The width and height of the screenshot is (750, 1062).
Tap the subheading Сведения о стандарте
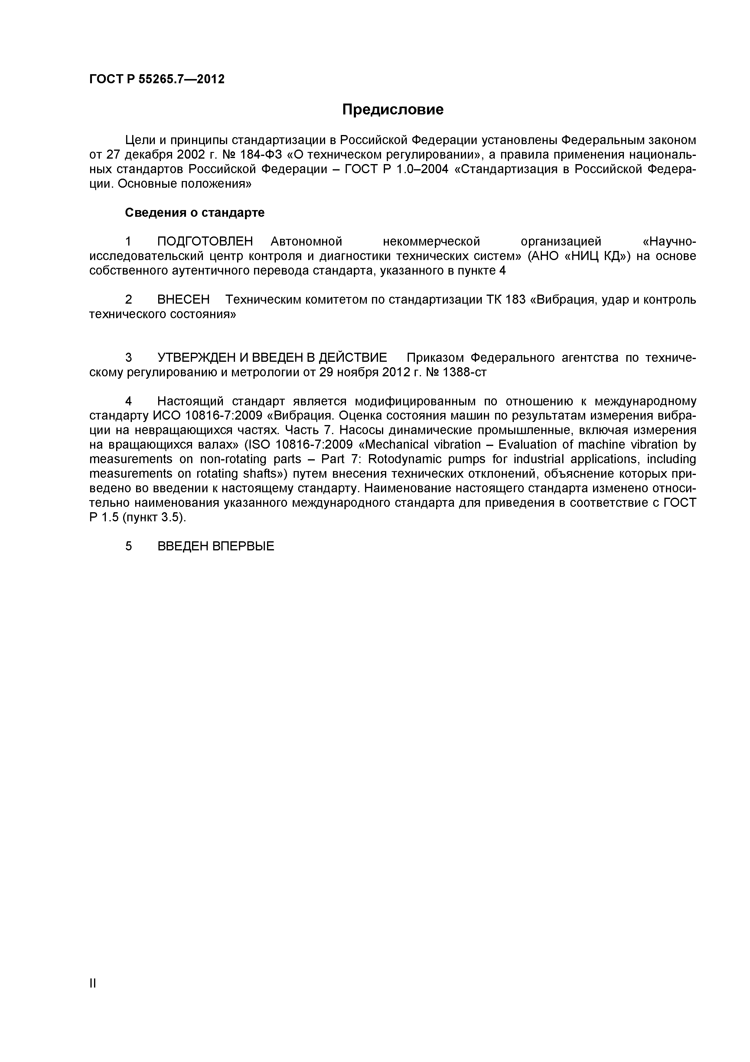coord(195,213)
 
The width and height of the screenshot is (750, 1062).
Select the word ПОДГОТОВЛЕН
coord(205,242)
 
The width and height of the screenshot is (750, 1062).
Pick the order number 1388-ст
coord(465,372)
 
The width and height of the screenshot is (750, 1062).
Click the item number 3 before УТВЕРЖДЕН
coord(129,358)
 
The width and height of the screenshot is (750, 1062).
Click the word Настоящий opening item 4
coord(191,401)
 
